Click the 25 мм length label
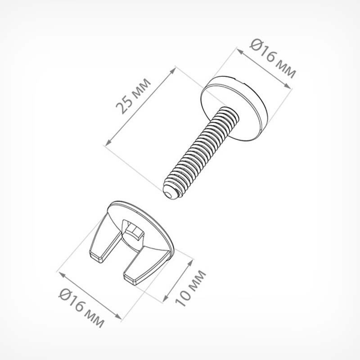coord(133,96)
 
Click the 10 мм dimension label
coord(190,288)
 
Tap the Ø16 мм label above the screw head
coord(273,59)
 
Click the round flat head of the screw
coord(234,108)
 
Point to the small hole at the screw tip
coord(169,195)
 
